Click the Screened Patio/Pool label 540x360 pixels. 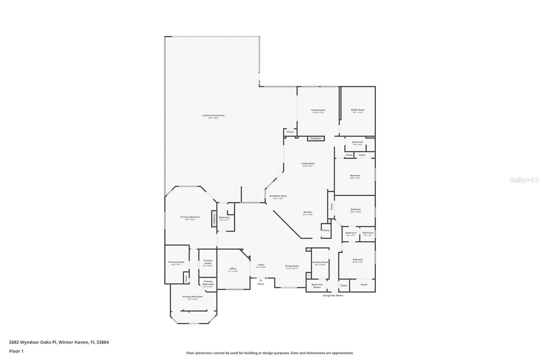coord(213,116)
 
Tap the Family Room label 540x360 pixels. coord(318,110)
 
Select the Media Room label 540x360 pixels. coord(358,110)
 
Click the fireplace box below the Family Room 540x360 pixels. coord(316,138)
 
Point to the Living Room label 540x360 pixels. coord(308,164)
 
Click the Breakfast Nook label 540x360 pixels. coord(278,196)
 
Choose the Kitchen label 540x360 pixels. coord(307,212)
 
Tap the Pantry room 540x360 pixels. coord(326,230)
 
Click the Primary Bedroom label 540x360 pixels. coord(190,217)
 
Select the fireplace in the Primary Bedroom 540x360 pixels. coord(214,218)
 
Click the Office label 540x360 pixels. coord(233,269)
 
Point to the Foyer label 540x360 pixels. coord(261,265)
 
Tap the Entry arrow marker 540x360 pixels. coord(261,280)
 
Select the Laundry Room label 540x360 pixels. coord(320,262)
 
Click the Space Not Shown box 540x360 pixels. coord(317,286)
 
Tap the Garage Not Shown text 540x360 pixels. coord(333,295)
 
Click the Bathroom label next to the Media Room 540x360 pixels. coord(357,143)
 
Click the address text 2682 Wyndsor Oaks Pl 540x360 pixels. coord(33,342)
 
